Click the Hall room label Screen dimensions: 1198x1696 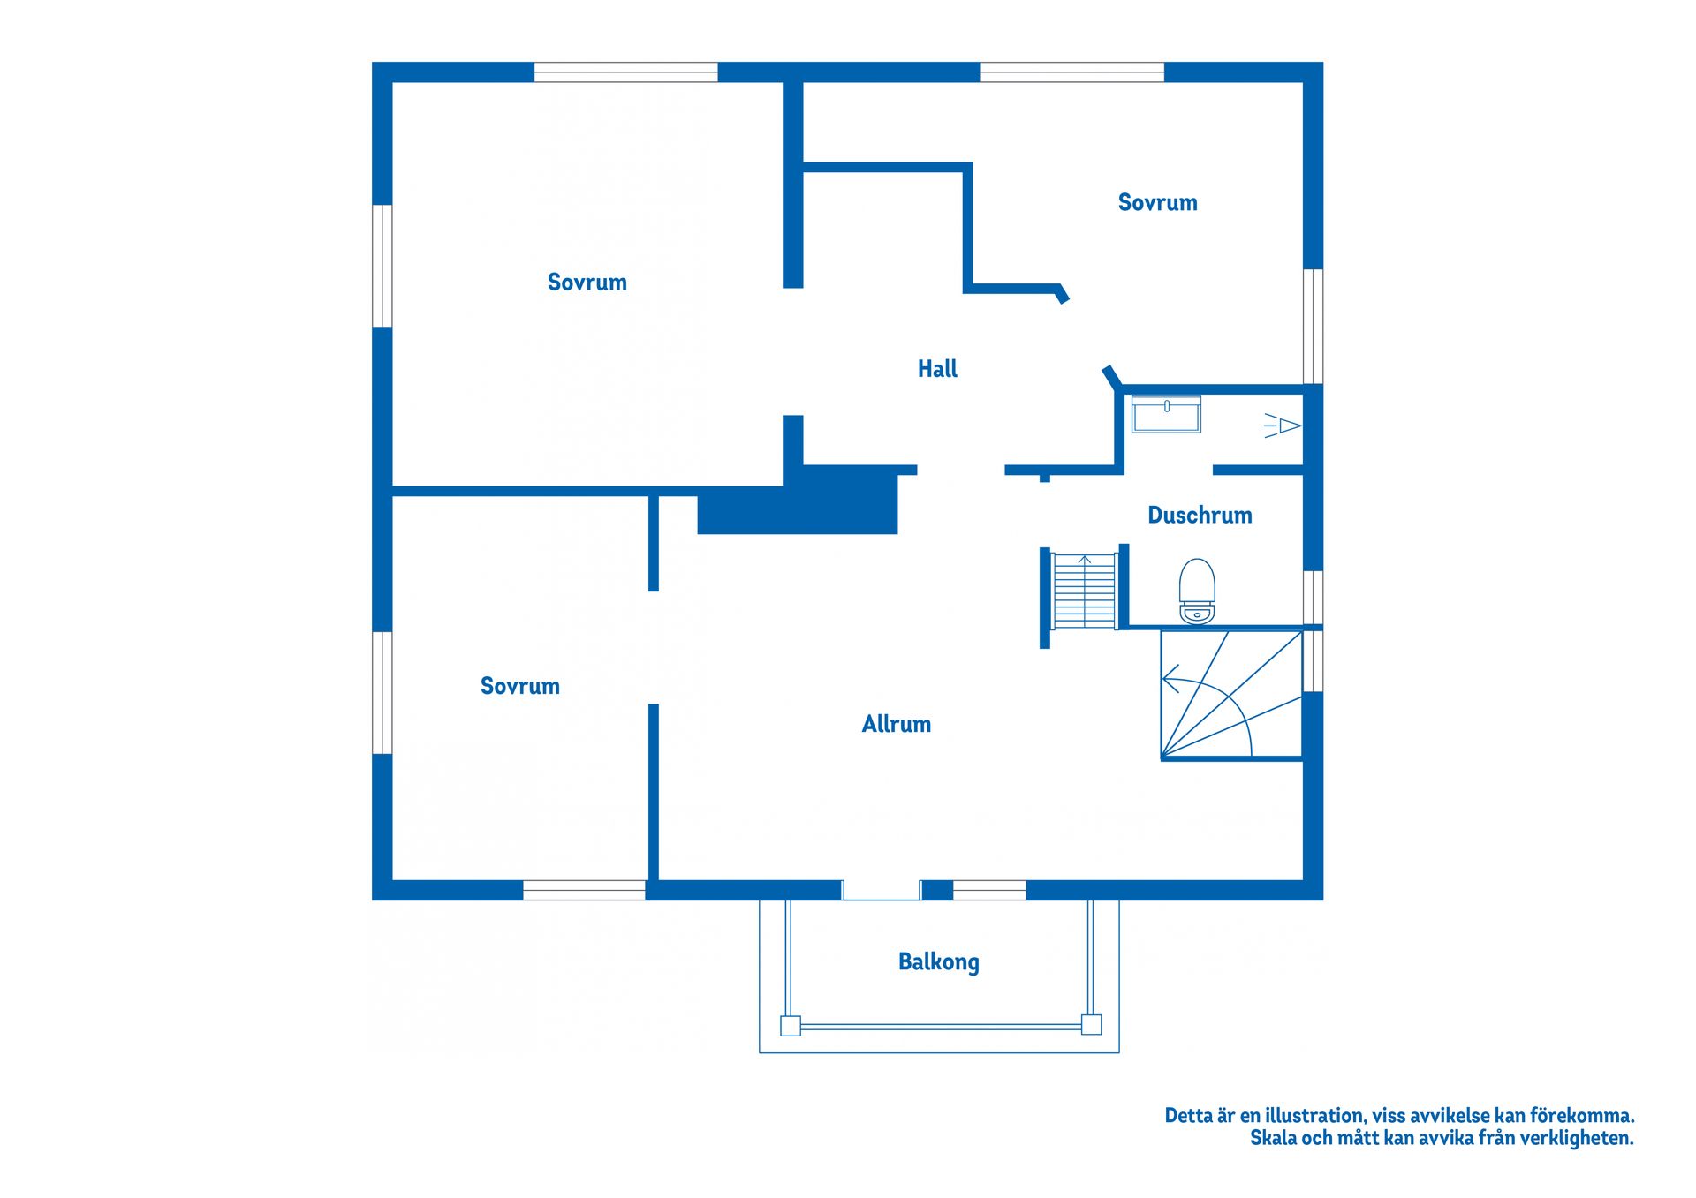(x=937, y=369)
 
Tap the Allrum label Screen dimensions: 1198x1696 (x=896, y=725)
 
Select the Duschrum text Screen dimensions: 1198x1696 (x=1199, y=516)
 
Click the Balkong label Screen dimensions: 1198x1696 (x=938, y=961)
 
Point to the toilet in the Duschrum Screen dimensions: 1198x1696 (x=1197, y=591)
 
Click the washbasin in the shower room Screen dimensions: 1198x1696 (x=1166, y=415)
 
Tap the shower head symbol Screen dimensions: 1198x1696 (x=1283, y=426)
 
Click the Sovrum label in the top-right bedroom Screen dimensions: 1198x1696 (x=1157, y=203)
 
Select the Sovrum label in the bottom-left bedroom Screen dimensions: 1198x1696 (x=519, y=686)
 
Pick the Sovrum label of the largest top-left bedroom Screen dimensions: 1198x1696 (x=587, y=283)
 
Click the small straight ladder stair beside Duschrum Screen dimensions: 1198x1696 (x=1084, y=591)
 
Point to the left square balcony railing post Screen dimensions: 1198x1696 (x=791, y=1026)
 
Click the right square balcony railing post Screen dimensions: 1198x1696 (x=1092, y=1025)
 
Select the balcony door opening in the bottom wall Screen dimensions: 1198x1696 (x=881, y=890)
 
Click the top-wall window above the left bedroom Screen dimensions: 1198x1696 (x=625, y=72)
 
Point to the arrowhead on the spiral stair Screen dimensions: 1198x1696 (x=1170, y=681)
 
